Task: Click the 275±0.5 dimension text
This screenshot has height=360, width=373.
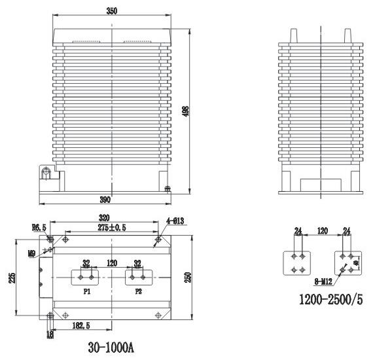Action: pyautogui.click(x=103, y=226)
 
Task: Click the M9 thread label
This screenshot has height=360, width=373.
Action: pyautogui.click(x=31, y=251)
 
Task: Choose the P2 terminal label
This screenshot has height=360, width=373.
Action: pyautogui.click(x=138, y=292)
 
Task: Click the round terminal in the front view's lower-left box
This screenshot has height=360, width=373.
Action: pyautogui.click(x=46, y=173)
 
